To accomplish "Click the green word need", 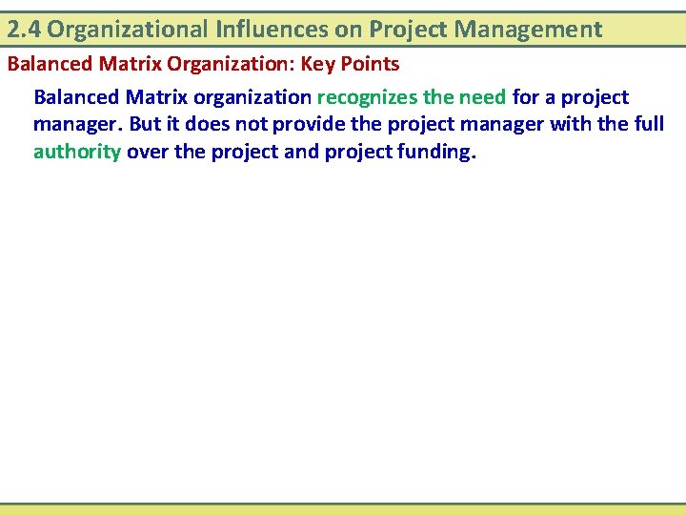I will pos(483,97).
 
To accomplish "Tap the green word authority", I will pos(76,152).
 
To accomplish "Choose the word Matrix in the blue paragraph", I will pos(158,97).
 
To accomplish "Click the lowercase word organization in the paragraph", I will pos(252,97).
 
